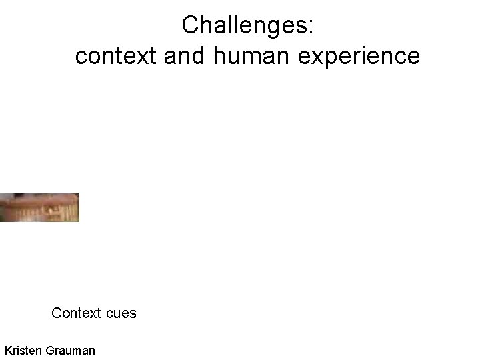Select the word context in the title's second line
[115, 57]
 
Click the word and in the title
[185, 57]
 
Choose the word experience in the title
[358, 57]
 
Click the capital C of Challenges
[190, 26]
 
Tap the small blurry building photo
[39, 207]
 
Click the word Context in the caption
[75, 313]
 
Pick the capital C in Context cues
[57, 313]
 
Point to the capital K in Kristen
[8, 349]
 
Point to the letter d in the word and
[201, 57]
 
